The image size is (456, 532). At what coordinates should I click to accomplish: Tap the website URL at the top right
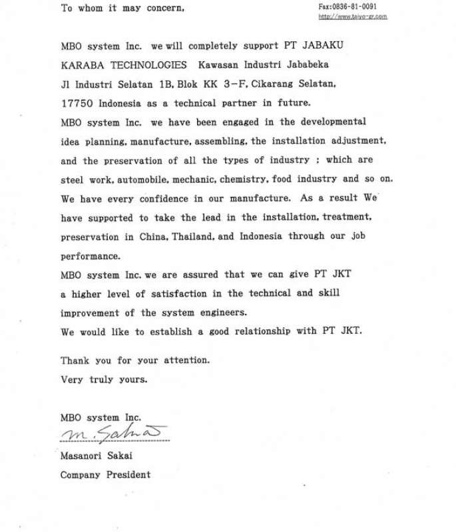click(x=352, y=16)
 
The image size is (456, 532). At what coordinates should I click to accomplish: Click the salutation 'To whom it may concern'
click(x=122, y=8)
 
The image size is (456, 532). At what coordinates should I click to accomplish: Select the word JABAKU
click(x=323, y=46)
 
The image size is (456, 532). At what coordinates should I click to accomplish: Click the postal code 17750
click(x=77, y=103)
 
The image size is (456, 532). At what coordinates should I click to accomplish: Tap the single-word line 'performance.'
click(x=91, y=255)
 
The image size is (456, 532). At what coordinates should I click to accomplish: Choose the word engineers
click(x=218, y=313)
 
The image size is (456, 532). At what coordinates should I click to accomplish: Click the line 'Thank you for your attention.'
click(x=135, y=360)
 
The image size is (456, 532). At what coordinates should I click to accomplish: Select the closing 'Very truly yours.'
click(x=104, y=379)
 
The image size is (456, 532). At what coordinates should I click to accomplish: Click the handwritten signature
click(x=113, y=433)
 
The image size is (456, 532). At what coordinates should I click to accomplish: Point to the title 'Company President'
click(x=105, y=475)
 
